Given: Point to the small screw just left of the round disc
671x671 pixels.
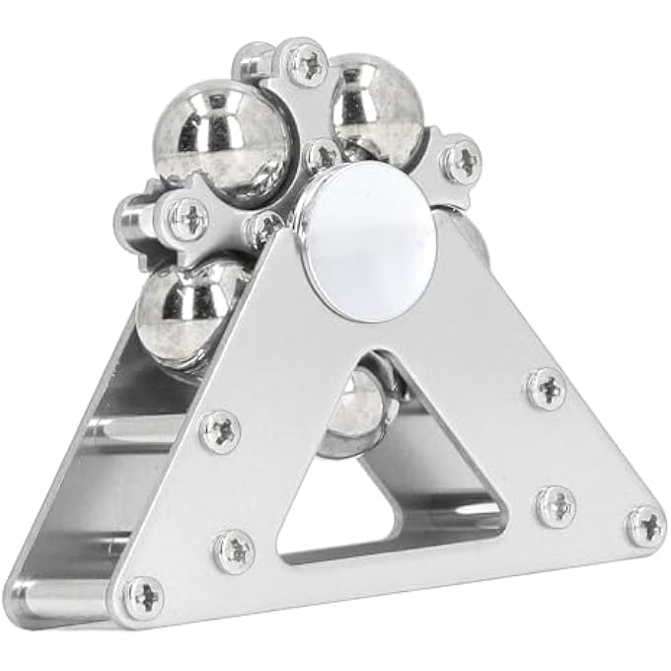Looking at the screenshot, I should [263, 229].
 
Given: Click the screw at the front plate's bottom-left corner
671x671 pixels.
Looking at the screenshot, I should [145, 595].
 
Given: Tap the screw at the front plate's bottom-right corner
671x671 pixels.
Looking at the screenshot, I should [647, 525].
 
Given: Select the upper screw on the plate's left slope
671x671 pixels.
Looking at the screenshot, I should [219, 431].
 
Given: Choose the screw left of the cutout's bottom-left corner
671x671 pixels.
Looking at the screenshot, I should [234, 549].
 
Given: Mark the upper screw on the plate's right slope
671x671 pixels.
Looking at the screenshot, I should [545, 388].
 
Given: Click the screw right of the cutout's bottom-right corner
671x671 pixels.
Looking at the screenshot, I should [556, 505].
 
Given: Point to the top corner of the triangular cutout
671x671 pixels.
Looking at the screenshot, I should [354, 357].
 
